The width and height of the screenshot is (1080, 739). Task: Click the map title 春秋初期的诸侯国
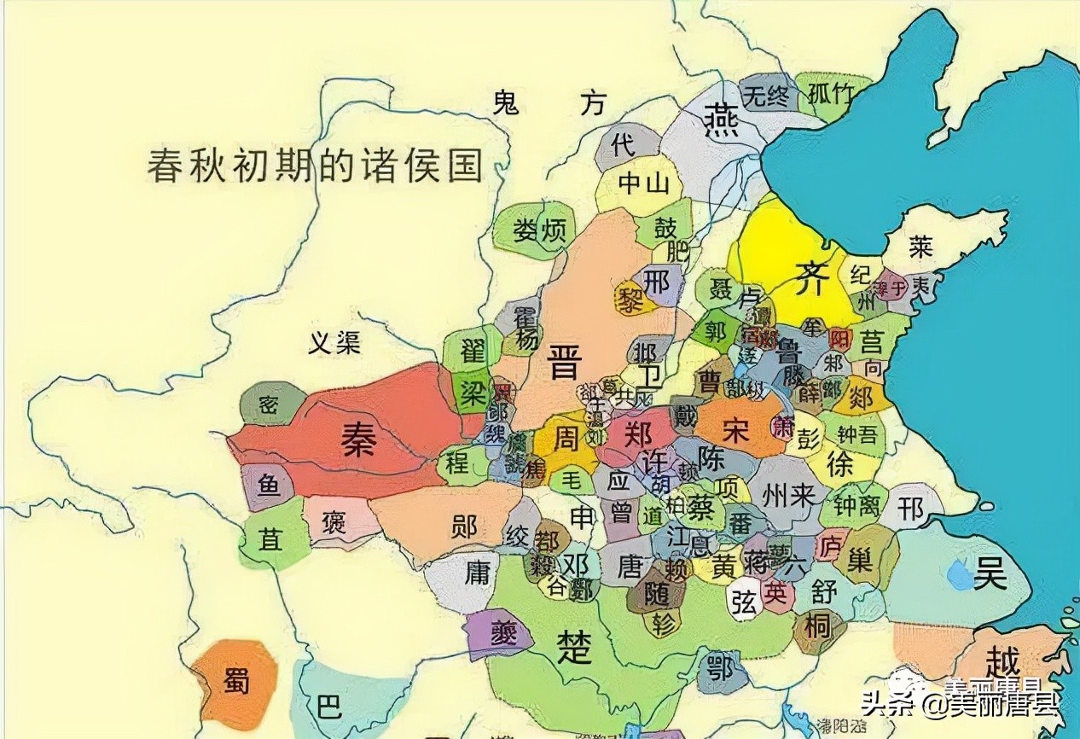[315, 165]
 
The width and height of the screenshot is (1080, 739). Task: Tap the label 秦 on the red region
[360, 439]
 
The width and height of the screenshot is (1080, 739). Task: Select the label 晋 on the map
[564, 362]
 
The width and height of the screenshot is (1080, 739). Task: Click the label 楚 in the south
[573, 647]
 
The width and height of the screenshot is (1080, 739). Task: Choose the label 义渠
[334, 343]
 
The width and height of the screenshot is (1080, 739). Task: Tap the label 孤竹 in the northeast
[829, 95]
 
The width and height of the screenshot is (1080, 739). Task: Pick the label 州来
[788, 497]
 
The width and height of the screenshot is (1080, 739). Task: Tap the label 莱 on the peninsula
[920, 247]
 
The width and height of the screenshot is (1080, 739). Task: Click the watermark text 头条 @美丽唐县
[960, 704]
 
